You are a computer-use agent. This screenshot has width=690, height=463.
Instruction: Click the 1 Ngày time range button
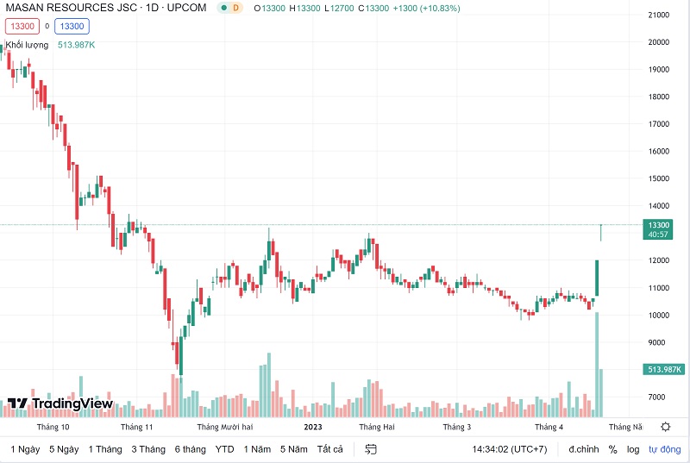[25, 449]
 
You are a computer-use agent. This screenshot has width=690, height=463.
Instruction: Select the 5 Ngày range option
[64, 449]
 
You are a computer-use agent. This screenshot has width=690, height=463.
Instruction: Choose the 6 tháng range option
[190, 449]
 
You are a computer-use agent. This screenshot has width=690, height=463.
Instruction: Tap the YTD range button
[224, 449]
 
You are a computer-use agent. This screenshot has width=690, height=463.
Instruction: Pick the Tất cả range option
[330, 449]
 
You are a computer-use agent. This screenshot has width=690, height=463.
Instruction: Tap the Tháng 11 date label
[136, 427]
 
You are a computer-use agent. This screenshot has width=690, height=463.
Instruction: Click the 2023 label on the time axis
[313, 427]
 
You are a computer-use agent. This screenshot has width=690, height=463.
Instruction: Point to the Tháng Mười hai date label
[224, 427]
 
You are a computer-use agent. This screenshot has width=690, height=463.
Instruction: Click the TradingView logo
[60, 404]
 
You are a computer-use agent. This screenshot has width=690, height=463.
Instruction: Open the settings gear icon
[666, 427]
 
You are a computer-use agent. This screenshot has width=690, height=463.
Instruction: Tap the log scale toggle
[634, 449]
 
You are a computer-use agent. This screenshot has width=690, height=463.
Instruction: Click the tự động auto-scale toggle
[664, 449]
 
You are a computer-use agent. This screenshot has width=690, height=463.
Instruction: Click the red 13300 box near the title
[22, 26]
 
